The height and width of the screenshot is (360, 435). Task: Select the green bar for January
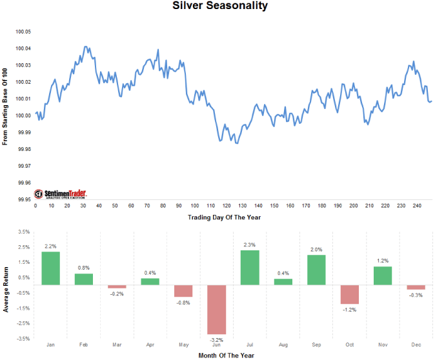coord(50,268)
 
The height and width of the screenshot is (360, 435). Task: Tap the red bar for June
coord(216,309)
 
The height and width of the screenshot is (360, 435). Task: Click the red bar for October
coord(349,294)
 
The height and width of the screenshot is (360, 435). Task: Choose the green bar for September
coord(316,270)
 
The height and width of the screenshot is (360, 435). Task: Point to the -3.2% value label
coord(216,339)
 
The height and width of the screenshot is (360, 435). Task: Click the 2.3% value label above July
coord(250,245)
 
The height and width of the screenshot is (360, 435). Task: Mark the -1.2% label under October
coord(349,309)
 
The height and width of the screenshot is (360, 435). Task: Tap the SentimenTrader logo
coord(61,194)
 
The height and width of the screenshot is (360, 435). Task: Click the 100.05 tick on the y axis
coord(23,32)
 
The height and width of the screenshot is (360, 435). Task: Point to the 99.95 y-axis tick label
coord(23,199)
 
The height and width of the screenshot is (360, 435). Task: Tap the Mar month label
coord(117,345)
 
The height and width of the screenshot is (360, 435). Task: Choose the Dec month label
coord(416,345)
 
